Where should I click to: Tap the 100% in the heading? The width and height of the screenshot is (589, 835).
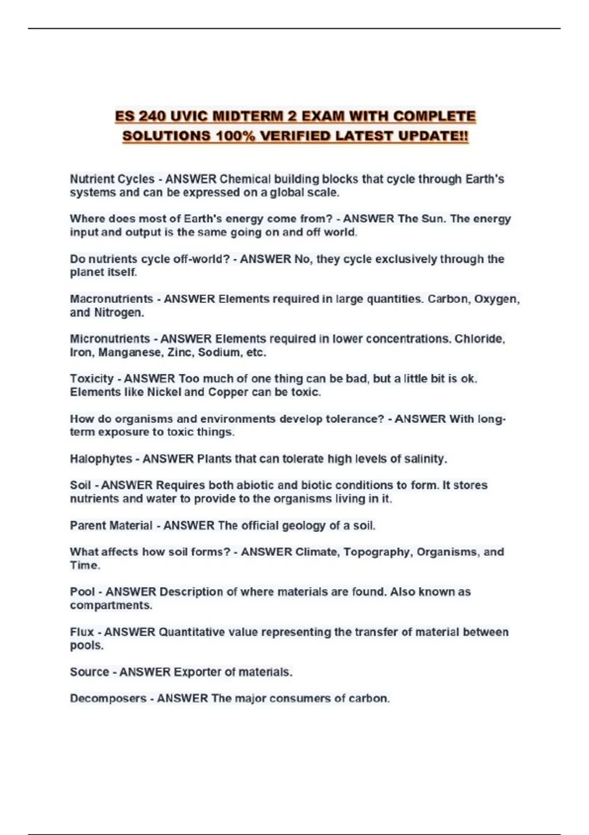tap(235, 136)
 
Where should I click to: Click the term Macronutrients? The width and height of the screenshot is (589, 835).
tap(111, 299)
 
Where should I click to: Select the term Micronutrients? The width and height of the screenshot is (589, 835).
tap(110, 339)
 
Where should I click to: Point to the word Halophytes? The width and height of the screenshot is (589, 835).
tap(101, 459)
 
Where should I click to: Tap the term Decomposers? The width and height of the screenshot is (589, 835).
tap(108, 698)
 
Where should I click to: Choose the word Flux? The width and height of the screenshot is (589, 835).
tap(81, 632)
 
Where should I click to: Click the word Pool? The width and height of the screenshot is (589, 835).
tap(82, 592)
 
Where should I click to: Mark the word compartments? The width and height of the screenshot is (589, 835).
tap(110, 606)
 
